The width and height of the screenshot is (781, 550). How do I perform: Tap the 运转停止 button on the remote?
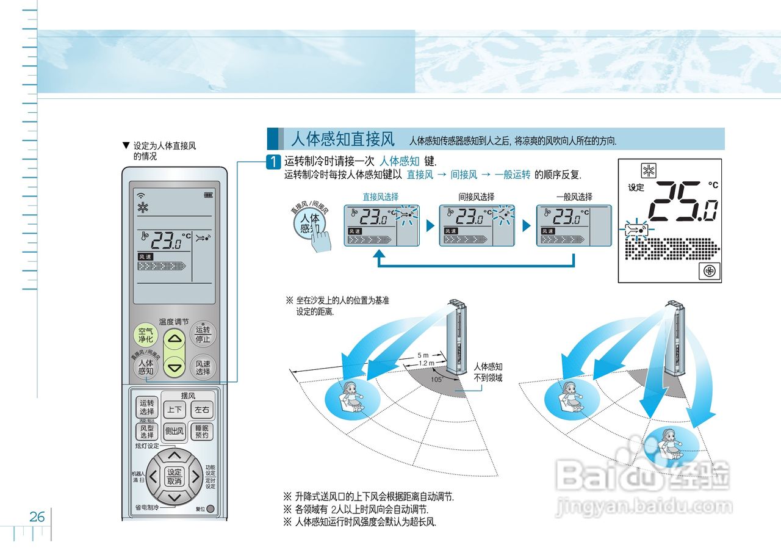point(203,334)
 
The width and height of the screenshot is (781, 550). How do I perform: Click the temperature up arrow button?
point(175,339)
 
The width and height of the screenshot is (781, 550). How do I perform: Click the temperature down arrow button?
point(175,368)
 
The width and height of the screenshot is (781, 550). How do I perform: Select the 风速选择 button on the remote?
point(203,367)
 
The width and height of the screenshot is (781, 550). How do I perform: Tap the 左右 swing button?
point(201,410)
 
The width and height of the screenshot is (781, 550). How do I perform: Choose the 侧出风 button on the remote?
point(175,432)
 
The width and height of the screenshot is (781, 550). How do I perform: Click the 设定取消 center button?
point(175,476)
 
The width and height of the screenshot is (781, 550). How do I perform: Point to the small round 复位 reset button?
point(211,508)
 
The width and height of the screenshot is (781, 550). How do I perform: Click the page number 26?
point(37,517)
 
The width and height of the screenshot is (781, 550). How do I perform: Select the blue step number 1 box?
point(275,162)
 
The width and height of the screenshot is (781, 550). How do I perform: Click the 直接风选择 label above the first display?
point(380,197)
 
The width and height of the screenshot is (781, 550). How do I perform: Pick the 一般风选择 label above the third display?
point(574,197)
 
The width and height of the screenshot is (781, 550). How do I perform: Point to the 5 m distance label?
point(423,355)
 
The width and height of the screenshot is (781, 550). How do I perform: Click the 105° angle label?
point(436,379)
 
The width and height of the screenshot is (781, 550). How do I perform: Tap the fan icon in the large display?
point(709,270)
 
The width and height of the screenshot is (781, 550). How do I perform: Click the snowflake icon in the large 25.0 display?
point(648,171)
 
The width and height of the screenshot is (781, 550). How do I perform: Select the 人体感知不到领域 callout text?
point(488,372)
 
